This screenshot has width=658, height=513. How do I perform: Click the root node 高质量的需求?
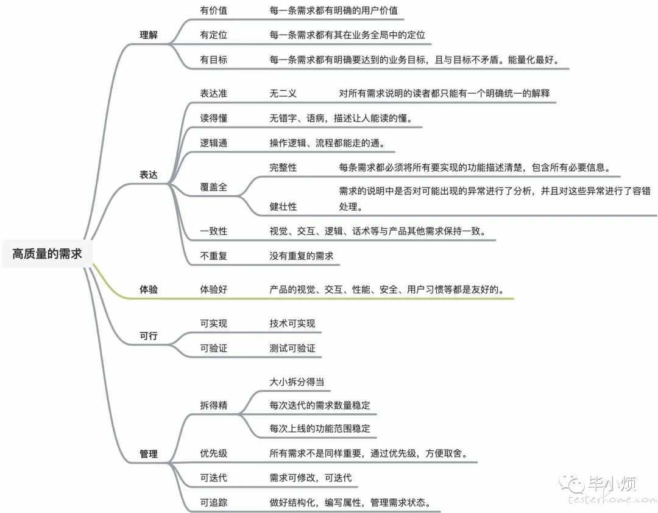47,254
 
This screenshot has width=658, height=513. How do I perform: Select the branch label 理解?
149,35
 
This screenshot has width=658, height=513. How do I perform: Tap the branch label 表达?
149,175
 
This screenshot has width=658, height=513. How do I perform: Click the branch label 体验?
149,289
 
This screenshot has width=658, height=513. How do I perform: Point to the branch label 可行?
149,336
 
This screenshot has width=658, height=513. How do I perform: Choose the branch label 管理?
149,453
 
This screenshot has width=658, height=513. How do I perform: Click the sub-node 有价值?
214,10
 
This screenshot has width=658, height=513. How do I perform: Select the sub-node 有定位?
214,35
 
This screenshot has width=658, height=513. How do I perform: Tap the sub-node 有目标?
214,60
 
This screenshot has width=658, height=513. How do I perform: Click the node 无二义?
283,93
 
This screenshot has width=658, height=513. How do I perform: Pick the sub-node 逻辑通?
214,143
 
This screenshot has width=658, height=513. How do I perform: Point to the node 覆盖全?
214,187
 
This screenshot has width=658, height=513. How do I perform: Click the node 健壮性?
283,206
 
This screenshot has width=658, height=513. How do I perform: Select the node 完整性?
283,167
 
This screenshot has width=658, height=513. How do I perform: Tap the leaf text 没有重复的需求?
302,256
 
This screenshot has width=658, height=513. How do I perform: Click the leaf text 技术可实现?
292,323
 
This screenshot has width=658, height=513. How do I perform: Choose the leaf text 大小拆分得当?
297,382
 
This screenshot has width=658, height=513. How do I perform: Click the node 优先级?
214,453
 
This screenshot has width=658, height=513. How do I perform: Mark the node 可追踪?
214,502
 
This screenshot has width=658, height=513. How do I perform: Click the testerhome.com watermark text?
612,499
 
